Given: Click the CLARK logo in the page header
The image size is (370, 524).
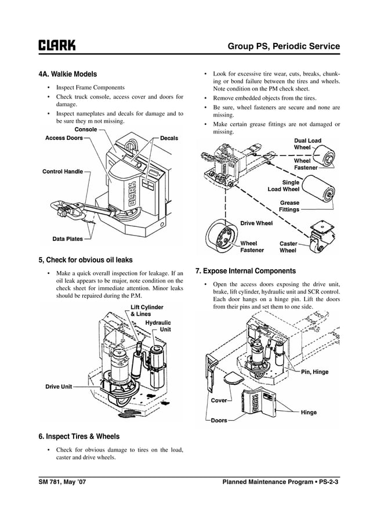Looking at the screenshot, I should (x=56, y=46).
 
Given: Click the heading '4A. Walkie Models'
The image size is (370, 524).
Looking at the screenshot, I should (x=67, y=74).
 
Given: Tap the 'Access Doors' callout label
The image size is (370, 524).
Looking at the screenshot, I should (x=64, y=138).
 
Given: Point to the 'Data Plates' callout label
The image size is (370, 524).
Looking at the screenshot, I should (x=67, y=238).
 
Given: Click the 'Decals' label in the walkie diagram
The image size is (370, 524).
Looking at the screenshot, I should (x=168, y=138).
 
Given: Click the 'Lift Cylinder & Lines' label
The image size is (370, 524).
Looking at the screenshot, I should (x=146, y=310).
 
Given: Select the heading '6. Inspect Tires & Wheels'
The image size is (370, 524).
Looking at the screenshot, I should (x=79, y=436).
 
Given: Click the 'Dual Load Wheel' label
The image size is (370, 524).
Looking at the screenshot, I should (x=307, y=144).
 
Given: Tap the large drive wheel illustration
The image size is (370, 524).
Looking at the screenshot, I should (x=222, y=237).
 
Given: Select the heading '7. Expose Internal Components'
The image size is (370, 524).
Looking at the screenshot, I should (x=245, y=271).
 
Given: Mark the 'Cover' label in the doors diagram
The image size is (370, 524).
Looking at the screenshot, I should (x=219, y=400).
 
